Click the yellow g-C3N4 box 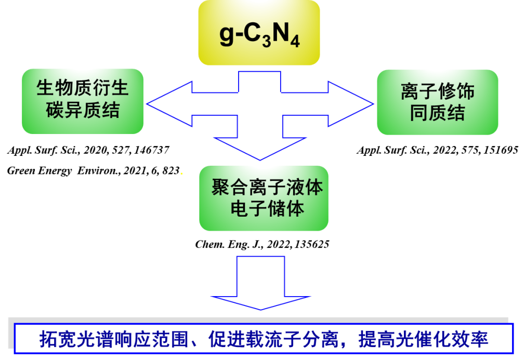[x=259, y=32]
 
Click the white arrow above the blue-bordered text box [x=260, y=283]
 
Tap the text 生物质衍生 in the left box [x=82, y=89]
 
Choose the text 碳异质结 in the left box [x=82, y=111]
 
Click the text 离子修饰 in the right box [x=437, y=92]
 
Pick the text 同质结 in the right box [x=437, y=113]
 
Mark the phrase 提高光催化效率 [x=423, y=339]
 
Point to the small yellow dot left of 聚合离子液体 [x=181, y=174]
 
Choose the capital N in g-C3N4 [x=280, y=33]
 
